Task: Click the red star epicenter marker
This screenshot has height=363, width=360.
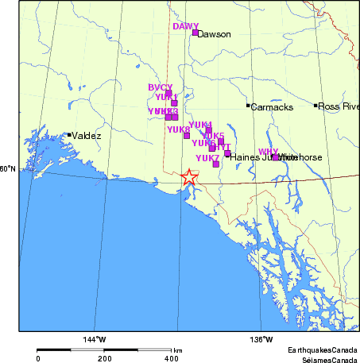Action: pyautogui.click(x=188, y=177)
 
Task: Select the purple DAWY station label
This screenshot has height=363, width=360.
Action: pyautogui.click(x=185, y=26)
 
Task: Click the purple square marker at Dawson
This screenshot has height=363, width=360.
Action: pyautogui.click(x=195, y=33)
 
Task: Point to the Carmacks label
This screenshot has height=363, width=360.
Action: pyautogui.click(x=272, y=106)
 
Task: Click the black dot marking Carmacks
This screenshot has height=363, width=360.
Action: pyautogui.click(x=248, y=106)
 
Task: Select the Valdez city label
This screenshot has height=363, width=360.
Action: pyautogui.click(x=87, y=136)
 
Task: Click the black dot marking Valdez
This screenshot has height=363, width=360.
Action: pyautogui.click(x=69, y=135)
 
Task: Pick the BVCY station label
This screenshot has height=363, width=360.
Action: pyautogui.click(x=160, y=87)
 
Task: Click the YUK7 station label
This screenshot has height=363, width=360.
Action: pyautogui.click(x=207, y=158)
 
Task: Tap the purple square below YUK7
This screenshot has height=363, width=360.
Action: pyautogui.click(x=215, y=164)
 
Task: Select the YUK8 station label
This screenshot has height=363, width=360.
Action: pyautogui.click(x=179, y=129)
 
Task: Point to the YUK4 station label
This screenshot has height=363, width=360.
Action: pyautogui.click(x=201, y=125)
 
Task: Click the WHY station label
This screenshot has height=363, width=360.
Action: pyautogui.click(x=269, y=151)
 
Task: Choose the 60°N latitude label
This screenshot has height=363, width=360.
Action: pyautogui.click(x=8, y=168)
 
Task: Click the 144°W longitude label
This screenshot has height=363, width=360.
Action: pyautogui.click(x=95, y=340)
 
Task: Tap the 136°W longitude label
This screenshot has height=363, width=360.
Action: pyautogui.click(x=261, y=340)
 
